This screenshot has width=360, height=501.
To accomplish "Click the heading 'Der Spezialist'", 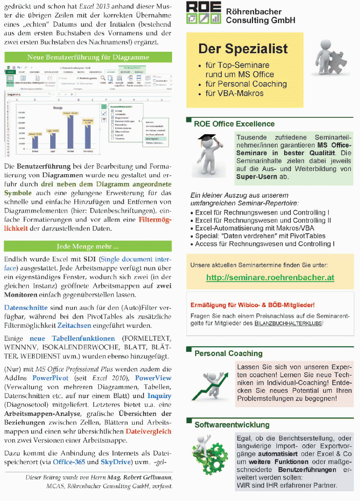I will click(x=243, y=49).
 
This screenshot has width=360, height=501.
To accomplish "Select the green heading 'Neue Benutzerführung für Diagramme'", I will click(x=88, y=57).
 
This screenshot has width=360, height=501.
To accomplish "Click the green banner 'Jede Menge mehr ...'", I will click(x=88, y=245).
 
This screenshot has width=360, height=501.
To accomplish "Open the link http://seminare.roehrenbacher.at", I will click(x=270, y=277).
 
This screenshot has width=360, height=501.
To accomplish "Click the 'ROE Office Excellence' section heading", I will click(x=234, y=123).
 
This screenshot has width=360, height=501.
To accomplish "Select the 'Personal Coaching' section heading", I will click(x=228, y=353).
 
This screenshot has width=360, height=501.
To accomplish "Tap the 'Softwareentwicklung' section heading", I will click(x=232, y=425).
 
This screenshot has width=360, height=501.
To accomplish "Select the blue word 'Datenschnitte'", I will click(x=26, y=308).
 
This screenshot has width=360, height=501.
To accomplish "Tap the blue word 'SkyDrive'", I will click(x=116, y=461).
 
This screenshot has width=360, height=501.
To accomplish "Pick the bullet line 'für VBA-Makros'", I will click(x=234, y=93).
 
